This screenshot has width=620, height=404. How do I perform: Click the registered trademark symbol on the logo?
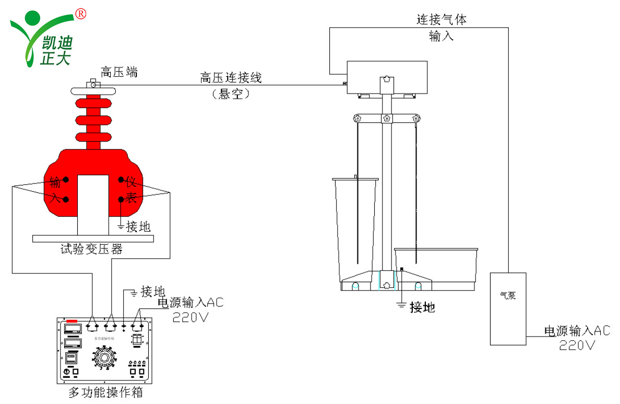click(x=81, y=14)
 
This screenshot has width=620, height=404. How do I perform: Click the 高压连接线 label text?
click(x=231, y=78)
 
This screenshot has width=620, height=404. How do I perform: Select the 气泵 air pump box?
click(x=508, y=308)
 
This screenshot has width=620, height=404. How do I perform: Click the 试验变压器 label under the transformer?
click(x=91, y=249)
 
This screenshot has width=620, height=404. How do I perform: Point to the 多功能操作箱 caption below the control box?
click(x=106, y=392)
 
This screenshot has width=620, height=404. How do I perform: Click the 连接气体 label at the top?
click(x=441, y=20)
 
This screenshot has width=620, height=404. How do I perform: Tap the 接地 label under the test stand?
click(x=422, y=307)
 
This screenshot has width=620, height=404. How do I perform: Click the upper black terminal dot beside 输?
click(x=66, y=179)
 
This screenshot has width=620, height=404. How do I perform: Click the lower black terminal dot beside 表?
click(x=121, y=199)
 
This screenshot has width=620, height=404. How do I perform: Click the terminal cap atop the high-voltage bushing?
click(x=94, y=83)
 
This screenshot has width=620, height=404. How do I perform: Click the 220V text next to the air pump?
click(x=577, y=344)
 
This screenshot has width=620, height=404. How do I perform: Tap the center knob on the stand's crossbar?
click(x=386, y=118)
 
